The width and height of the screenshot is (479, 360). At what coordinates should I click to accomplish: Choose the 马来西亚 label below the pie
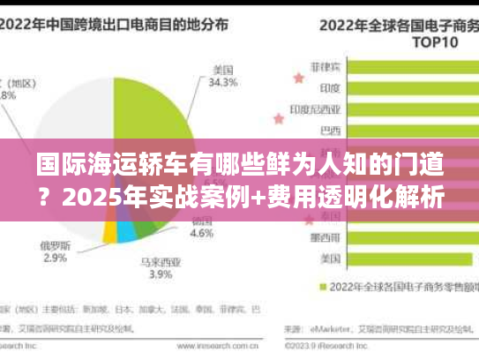161,262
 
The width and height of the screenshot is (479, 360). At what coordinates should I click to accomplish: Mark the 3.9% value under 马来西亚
161,275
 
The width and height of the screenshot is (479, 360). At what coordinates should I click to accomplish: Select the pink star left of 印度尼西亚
303,109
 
